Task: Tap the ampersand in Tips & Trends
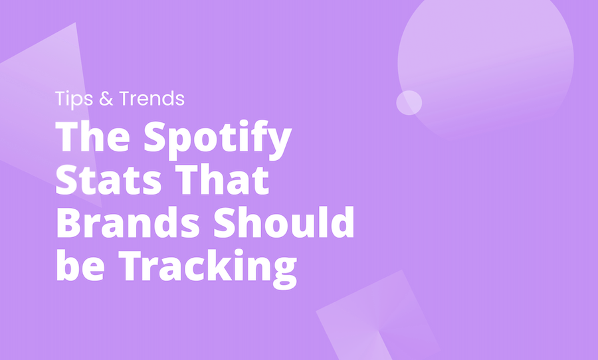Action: point(108,100)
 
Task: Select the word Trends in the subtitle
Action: point(151,100)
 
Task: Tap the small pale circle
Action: point(409,102)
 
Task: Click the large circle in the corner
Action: point(485,60)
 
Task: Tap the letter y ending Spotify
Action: point(279,143)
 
